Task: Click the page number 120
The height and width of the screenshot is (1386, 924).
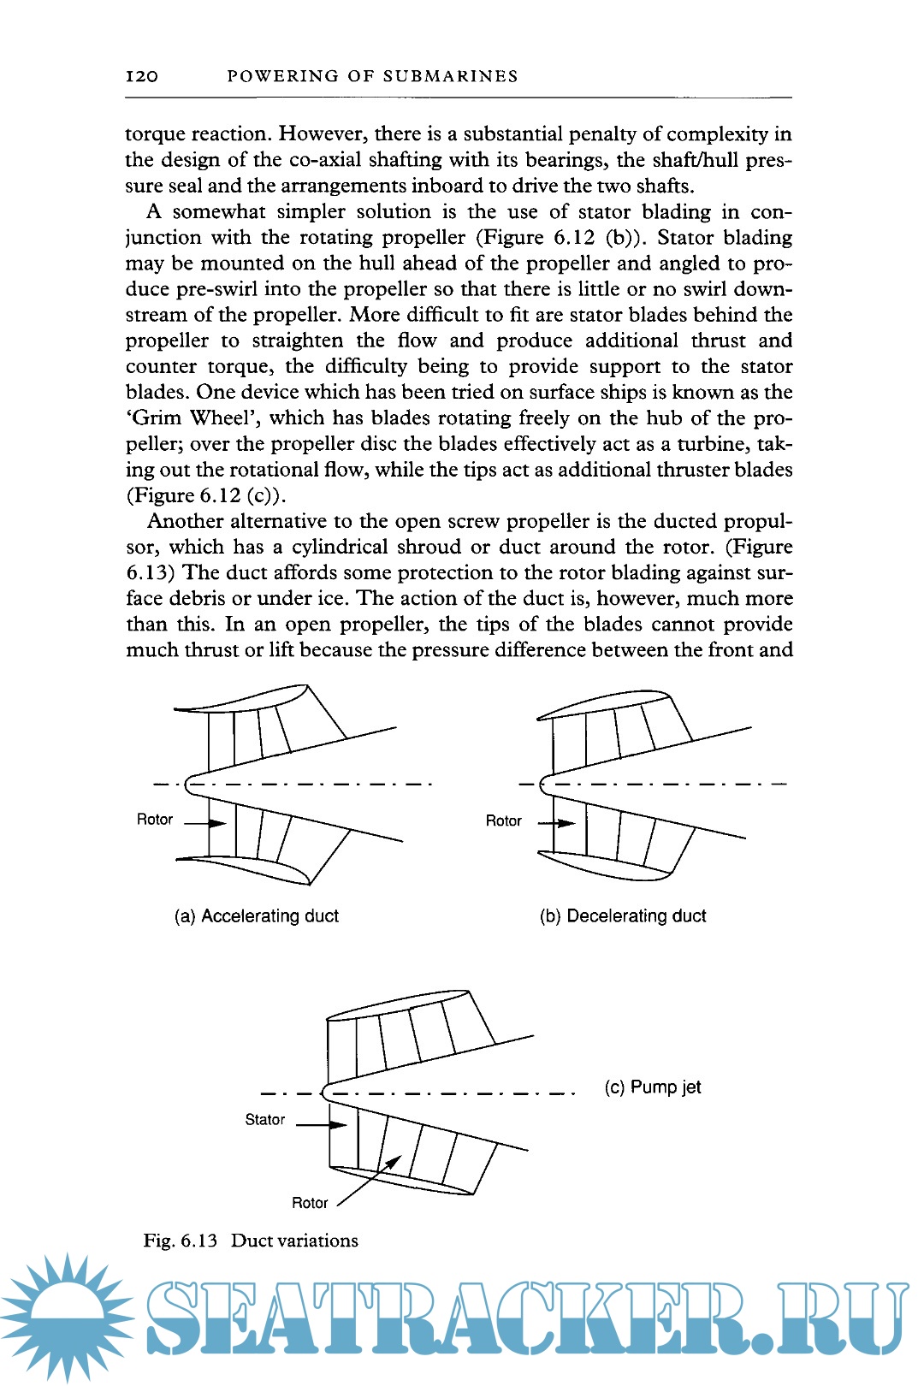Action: click(142, 76)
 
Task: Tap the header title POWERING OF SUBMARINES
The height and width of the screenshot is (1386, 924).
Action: click(372, 76)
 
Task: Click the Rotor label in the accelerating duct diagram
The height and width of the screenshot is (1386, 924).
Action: click(155, 820)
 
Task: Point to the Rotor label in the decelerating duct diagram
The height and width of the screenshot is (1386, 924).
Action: click(503, 821)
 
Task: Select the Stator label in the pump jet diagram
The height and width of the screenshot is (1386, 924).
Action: click(264, 1120)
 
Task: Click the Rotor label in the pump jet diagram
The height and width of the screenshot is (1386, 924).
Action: click(310, 1203)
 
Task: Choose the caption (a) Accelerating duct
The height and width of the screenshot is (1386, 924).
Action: click(257, 916)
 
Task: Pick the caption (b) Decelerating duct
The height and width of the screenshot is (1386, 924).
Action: click(623, 916)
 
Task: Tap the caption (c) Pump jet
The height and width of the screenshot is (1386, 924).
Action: click(653, 1087)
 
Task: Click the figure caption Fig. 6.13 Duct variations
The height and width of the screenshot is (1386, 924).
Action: click(251, 1241)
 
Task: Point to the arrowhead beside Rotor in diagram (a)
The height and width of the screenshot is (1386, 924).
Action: click(218, 824)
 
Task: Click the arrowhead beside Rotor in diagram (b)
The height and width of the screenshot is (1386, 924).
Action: click(566, 824)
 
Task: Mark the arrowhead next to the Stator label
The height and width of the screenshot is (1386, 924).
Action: click(339, 1124)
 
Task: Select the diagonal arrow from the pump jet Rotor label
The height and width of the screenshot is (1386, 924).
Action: click(370, 1182)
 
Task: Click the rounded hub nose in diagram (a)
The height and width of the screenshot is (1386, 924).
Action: click(189, 784)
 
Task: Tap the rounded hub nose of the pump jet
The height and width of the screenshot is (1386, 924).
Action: click(324, 1092)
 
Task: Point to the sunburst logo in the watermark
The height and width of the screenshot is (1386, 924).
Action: click(67, 1318)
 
